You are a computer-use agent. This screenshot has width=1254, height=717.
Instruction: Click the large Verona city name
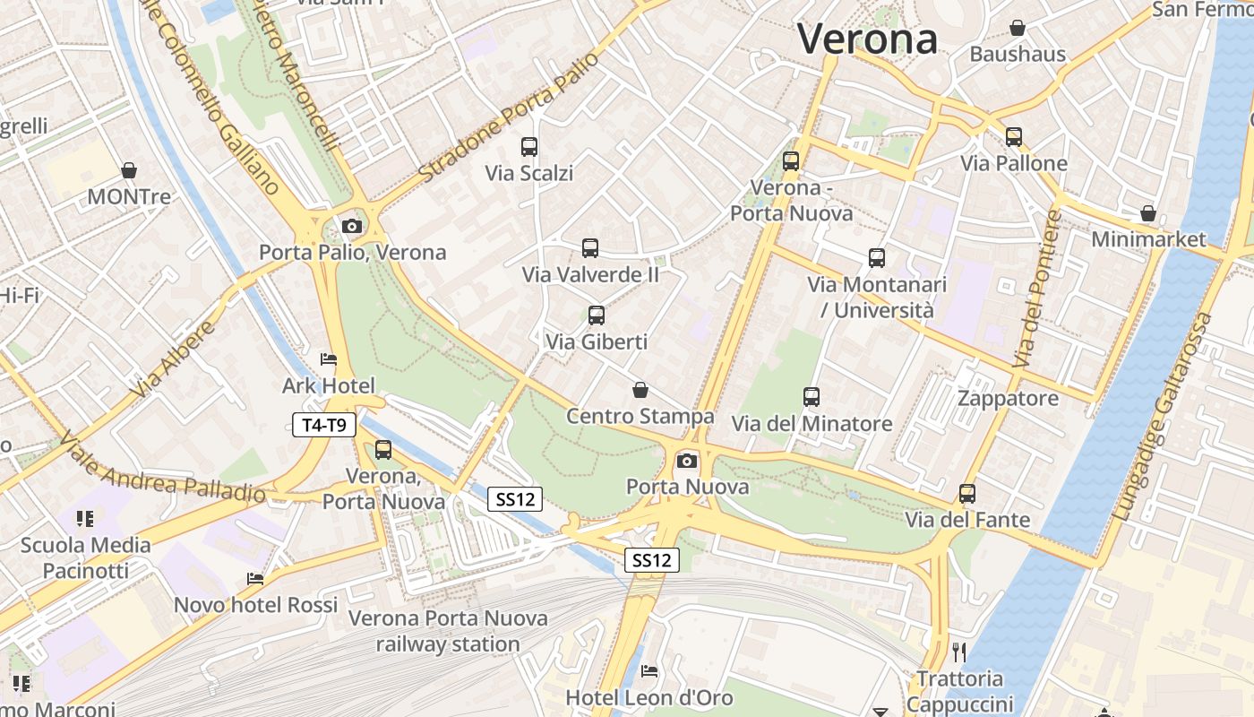867,39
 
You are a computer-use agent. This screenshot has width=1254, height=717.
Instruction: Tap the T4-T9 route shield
324,425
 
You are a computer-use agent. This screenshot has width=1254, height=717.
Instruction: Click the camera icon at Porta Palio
352,226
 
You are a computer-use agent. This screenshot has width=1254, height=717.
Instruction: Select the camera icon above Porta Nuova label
687,461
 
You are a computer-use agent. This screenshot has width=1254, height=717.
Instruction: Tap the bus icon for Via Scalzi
529,146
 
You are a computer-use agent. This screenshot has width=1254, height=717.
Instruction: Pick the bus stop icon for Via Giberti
597,315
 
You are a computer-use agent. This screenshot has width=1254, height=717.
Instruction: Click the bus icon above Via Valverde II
590,248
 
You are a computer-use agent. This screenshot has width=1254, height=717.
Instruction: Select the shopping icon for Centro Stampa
640,390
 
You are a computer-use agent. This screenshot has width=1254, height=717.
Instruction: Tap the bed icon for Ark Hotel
329,359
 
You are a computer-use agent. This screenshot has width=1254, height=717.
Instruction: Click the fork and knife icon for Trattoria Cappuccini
959,652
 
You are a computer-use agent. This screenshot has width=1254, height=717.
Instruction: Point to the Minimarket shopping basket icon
1148,213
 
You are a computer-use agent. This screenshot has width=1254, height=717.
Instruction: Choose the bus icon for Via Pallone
1014,137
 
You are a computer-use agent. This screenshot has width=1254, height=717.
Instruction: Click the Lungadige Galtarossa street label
1162,418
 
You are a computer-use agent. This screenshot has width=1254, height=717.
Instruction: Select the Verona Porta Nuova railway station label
447,631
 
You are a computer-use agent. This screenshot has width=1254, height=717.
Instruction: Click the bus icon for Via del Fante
967,494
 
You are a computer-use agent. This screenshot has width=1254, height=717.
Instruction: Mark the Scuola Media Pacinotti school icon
86,518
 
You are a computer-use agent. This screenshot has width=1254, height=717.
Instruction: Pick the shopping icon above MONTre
129,170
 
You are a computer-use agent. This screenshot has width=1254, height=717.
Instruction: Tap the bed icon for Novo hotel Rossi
256,579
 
